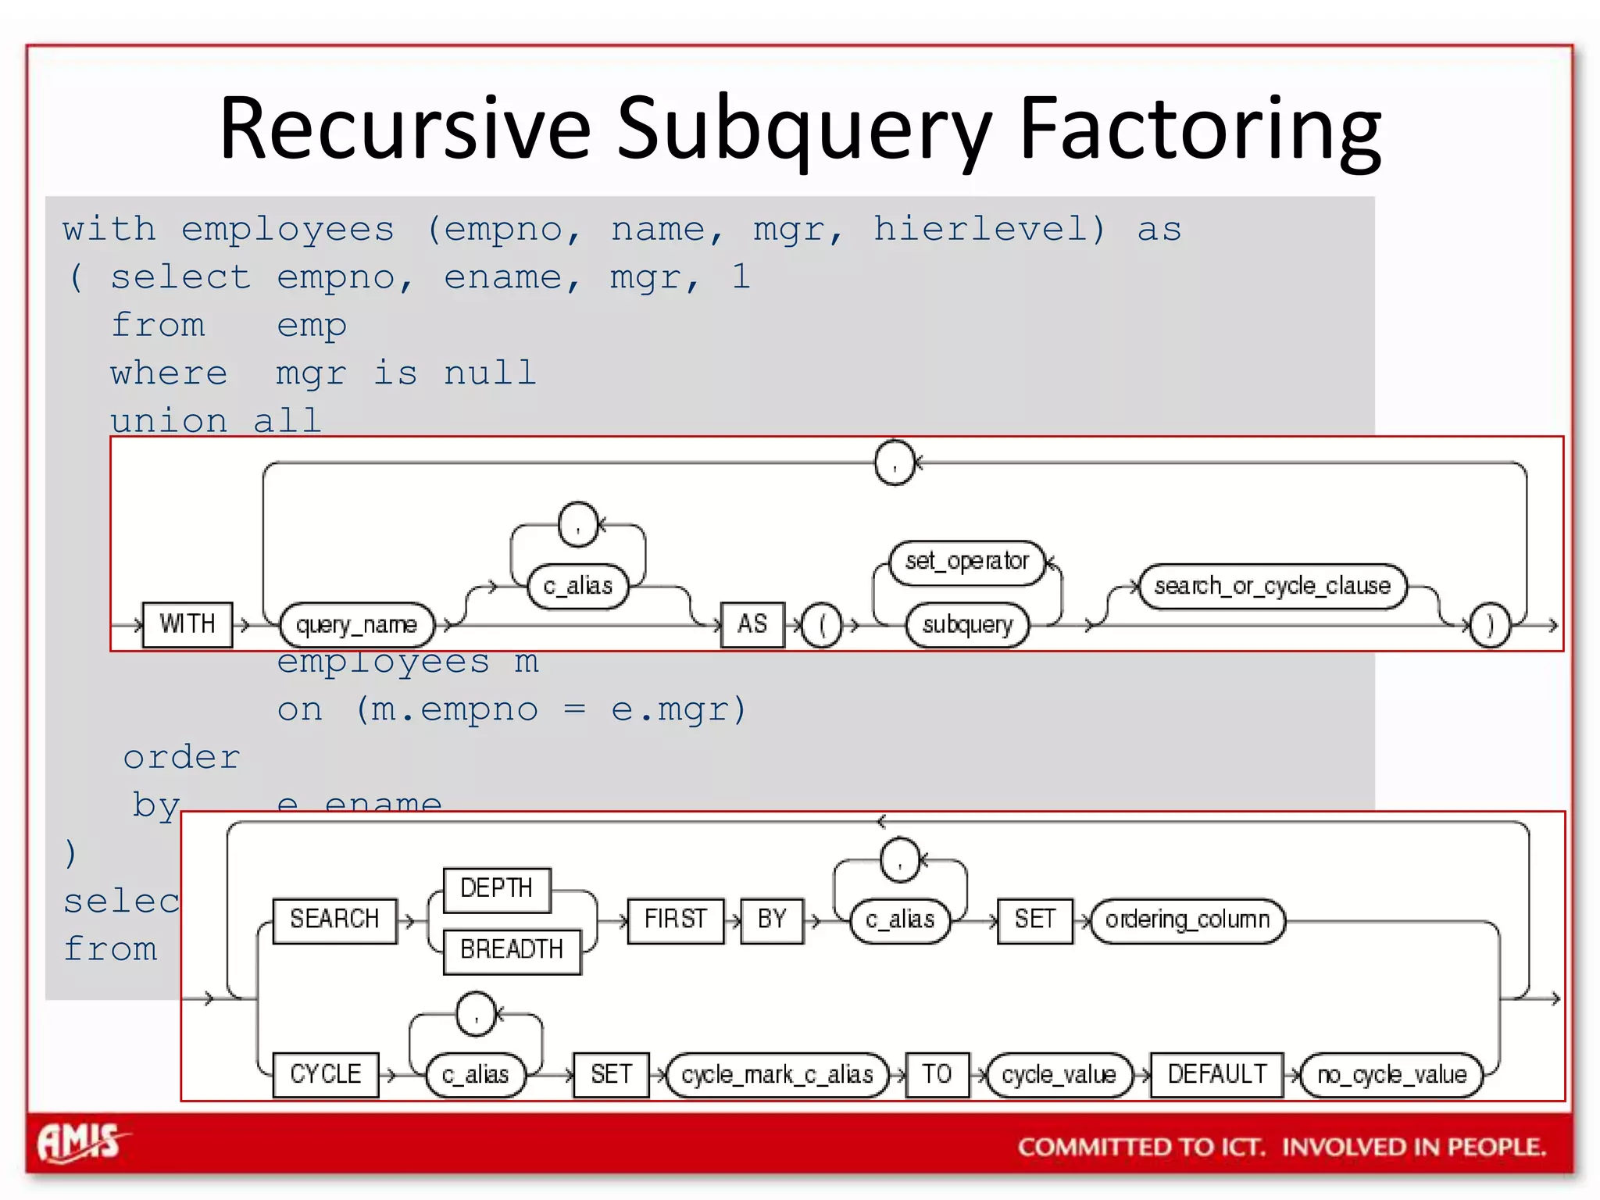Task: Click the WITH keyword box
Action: [187, 624]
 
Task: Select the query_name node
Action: [356, 625]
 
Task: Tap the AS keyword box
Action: [752, 624]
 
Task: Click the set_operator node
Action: [967, 562]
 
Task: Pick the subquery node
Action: [967, 625]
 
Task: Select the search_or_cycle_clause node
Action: [1273, 586]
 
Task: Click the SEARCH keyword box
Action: [334, 920]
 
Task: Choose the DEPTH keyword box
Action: [497, 889]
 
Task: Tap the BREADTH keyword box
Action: [512, 950]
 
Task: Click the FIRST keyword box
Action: [676, 920]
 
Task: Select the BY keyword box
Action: [772, 920]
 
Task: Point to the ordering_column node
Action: [1187, 920]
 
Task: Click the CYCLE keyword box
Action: [326, 1075]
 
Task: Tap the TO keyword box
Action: [937, 1075]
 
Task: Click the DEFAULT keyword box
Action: [1217, 1075]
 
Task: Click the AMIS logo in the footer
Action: [80, 1143]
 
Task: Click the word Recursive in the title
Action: [405, 128]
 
